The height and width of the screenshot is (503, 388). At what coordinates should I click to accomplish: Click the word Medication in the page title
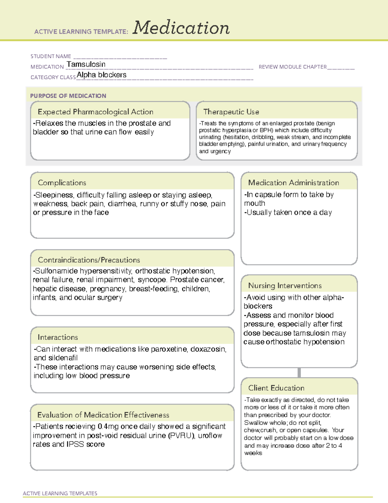point(181,28)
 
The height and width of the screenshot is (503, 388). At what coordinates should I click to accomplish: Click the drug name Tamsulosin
point(86,64)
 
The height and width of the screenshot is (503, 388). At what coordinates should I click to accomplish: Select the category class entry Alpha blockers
point(102,75)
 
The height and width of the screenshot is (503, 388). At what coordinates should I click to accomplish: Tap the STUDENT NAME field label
point(51,56)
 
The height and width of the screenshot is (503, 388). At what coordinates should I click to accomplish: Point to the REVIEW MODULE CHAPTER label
point(293,67)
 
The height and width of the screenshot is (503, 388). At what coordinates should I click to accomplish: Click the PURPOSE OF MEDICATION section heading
point(68,96)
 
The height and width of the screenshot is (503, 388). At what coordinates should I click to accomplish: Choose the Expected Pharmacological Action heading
point(95,112)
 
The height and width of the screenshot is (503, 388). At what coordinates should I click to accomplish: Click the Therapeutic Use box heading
point(231,112)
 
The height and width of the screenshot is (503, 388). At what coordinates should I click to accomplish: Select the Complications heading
point(62,183)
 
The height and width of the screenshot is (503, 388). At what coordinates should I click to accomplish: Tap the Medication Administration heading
point(294,183)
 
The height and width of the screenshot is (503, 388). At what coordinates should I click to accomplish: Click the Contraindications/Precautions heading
point(89,260)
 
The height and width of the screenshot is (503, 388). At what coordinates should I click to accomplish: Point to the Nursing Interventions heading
point(285,286)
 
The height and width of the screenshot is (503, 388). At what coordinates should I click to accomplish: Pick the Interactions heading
point(58,337)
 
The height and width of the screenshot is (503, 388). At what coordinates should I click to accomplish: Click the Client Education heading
point(276,388)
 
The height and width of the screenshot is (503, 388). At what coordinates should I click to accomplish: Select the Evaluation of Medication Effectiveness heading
point(103,415)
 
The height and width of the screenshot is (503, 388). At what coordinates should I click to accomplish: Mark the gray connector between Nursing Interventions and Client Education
point(299,373)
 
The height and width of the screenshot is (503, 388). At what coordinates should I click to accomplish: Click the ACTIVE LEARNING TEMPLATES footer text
point(60,493)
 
